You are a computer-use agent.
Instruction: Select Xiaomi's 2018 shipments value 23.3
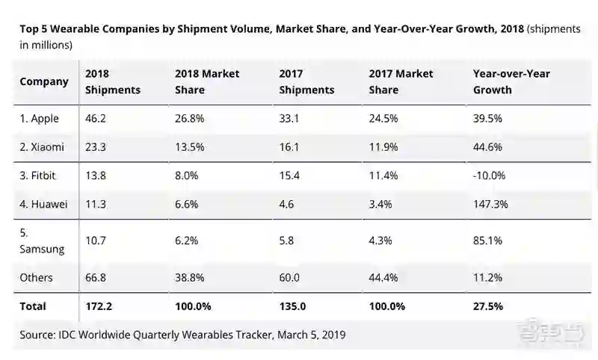[96, 147]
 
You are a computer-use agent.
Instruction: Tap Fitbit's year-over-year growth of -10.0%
[489, 176]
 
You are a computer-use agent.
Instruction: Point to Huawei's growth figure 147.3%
[490, 204]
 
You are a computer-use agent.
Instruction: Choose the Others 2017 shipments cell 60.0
[290, 278]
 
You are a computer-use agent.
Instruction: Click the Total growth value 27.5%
[487, 306]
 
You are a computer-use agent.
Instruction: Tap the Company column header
[44, 81]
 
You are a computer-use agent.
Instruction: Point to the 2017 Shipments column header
[306, 81]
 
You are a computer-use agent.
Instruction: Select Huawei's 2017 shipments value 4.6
[286, 204]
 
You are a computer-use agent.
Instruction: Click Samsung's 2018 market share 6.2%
[188, 241]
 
